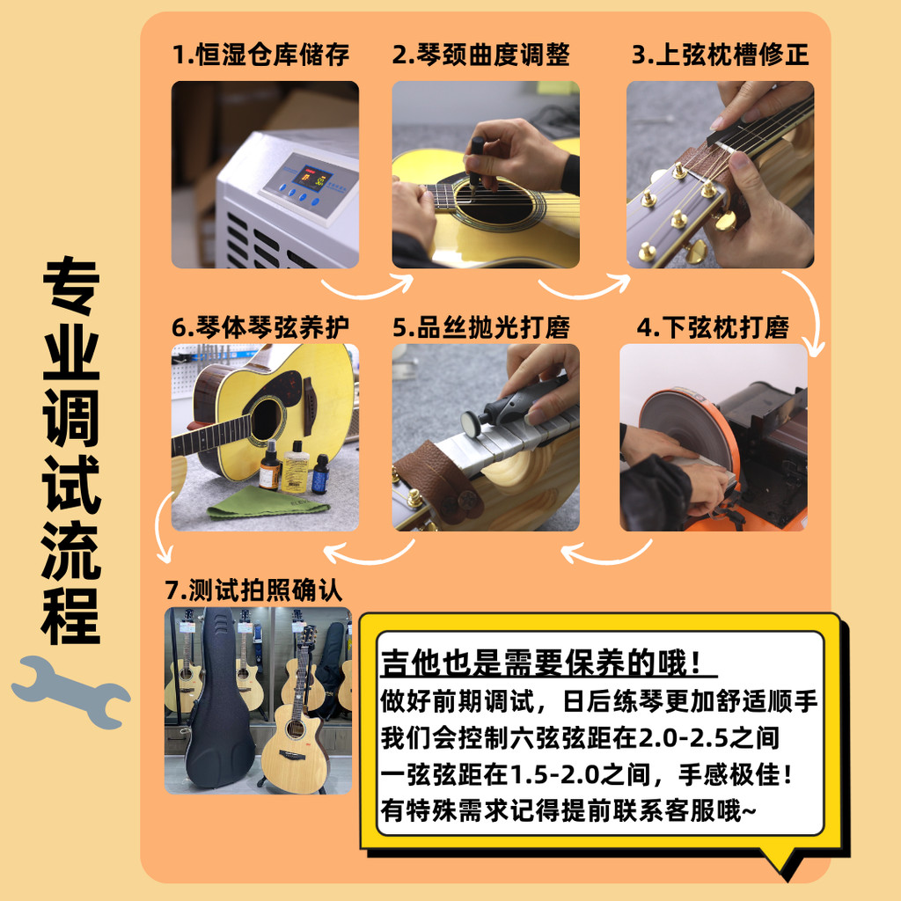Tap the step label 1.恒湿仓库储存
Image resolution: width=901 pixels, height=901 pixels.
(260, 55)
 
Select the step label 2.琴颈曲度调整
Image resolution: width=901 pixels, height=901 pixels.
(481, 55)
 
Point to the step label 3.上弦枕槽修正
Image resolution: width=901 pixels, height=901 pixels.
(721, 55)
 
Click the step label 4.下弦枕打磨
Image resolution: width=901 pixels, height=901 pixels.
(713, 327)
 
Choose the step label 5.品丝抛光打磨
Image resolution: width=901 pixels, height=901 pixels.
(481, 327)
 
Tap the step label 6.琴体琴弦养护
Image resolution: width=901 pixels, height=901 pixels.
(260, 327)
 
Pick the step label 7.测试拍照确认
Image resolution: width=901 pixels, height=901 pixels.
(253, 590)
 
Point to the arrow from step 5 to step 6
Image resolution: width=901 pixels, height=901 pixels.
(368, 555)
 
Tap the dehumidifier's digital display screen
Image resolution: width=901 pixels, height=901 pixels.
(310, 178)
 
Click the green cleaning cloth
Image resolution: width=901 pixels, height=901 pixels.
(265, 504)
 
